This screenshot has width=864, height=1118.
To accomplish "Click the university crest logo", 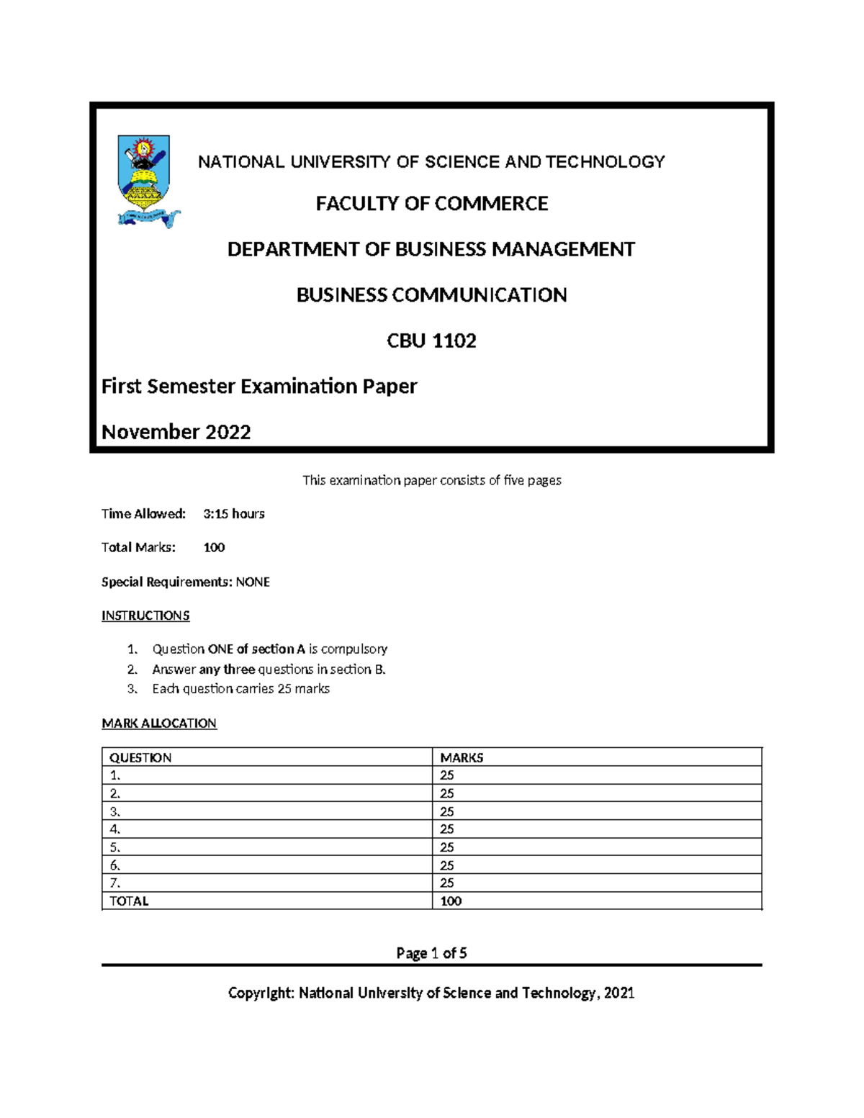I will pos(145,181).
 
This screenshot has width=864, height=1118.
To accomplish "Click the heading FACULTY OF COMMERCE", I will pos(432,204).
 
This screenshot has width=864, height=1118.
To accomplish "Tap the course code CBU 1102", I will pos(432,341).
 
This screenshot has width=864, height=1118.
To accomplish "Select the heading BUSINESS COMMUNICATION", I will pos(432,295).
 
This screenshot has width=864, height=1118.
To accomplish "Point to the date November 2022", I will pos(176,432).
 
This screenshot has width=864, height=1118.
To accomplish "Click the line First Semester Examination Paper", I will pos(259,387).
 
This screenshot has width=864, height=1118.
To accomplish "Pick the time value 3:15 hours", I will pos(234,514).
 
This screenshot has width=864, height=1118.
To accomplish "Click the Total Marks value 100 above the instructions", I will pos(214,548).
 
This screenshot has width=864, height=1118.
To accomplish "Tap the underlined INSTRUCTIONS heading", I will pos(145,616).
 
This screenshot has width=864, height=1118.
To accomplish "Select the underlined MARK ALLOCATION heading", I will pos(159,723).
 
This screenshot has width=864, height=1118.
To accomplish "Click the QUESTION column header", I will pos(140,757).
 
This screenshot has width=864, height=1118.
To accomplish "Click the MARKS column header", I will pos(462,757).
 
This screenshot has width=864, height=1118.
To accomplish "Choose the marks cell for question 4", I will pos(447,829).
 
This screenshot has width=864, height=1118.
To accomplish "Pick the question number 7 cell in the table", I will pos(115,883).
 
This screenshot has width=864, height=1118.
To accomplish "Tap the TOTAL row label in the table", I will pos(129,901).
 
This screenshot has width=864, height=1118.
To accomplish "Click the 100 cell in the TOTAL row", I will pos(451,901).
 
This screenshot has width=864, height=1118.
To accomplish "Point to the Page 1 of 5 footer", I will pos(431,953).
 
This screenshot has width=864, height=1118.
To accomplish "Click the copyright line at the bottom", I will pos(431,993).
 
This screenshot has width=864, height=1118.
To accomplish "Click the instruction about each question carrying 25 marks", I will pos(240,689).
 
